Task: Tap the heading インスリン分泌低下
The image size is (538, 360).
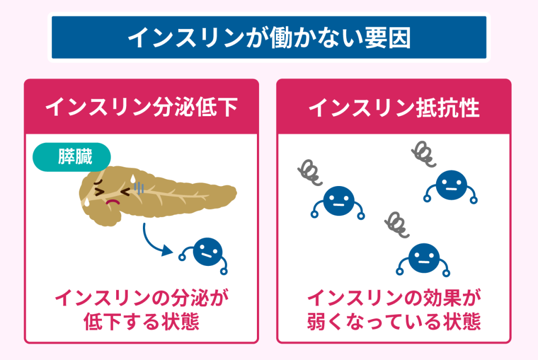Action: click(141, 107)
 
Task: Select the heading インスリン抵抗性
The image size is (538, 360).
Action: click(394, 107)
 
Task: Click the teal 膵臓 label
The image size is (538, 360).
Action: click(72, 157)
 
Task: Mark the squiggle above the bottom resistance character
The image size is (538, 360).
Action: click(396, 224)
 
